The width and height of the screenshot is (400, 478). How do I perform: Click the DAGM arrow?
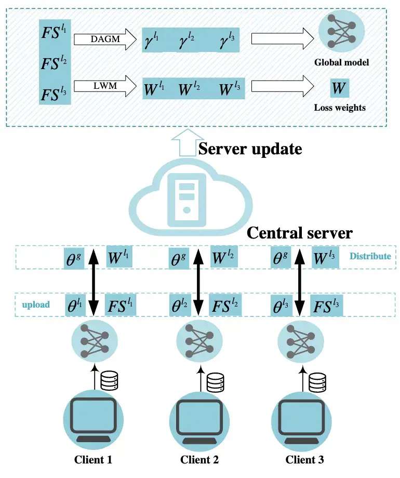[x=104, y=40]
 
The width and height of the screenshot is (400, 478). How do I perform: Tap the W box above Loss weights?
[x=339, y=88]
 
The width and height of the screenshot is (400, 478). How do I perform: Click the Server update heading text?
[x=250, y=149]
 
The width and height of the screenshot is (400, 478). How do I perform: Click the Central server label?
[x=299, y=232]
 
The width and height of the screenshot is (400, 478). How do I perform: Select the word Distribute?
[x=370, y=256]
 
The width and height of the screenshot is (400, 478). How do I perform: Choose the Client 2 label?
[x=200, y=460]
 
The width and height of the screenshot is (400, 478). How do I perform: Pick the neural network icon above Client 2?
[x=199, y=340]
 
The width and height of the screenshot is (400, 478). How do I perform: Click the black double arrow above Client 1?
[x=94, y=281]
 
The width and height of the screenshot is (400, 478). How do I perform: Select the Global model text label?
[x=341, y=62]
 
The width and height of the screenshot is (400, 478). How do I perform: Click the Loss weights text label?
[x=340, y=108]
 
